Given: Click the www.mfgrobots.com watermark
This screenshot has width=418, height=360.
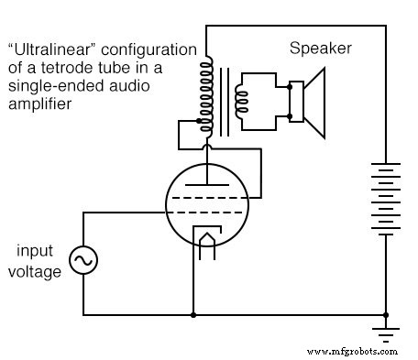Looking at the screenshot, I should tap(353, 351).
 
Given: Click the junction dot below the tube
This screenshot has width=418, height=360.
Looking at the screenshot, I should tap(193, 314).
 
